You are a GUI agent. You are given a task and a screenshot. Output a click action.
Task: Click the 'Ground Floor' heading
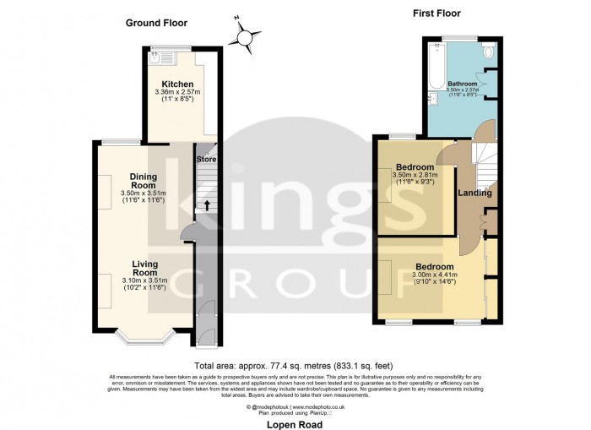[x=156, y=23]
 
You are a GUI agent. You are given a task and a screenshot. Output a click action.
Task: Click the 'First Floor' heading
[x=436, y=14]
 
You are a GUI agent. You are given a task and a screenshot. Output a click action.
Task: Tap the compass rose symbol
[x=245, y=37]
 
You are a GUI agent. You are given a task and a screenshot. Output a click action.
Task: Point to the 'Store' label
[x=206, y=159]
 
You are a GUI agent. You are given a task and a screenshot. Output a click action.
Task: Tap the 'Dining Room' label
[x=143, y=180]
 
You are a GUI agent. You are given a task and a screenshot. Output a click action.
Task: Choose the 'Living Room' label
[x=140, y=268]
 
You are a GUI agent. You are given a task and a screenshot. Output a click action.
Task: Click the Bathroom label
[x=462, y=84]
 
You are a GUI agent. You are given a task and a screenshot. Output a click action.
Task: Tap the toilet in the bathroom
[x=490, y=52]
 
